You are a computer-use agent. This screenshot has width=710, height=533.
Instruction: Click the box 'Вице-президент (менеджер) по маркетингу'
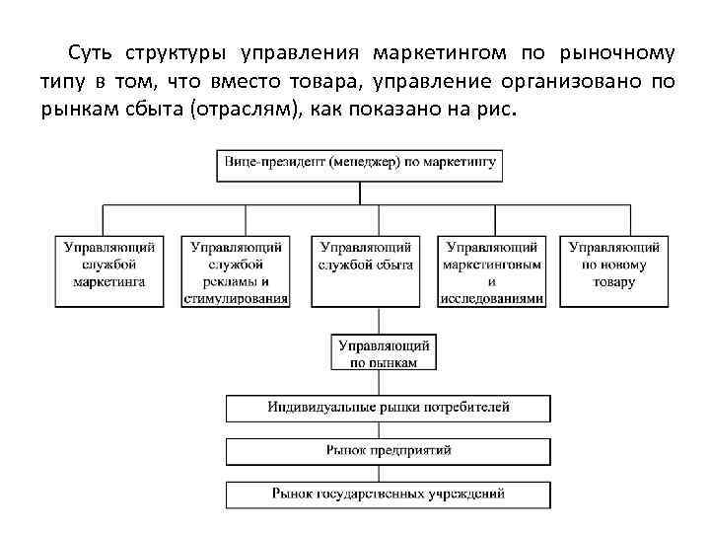[360, 164]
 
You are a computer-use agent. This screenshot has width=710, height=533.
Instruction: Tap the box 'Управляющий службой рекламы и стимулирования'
[237, 269]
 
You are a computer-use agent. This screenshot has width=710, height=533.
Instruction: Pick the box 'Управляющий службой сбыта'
[366, 269]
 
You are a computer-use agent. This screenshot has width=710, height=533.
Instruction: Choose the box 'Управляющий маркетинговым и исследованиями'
[492, 269]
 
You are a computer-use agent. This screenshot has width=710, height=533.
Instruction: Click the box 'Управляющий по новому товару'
[614, 269]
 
